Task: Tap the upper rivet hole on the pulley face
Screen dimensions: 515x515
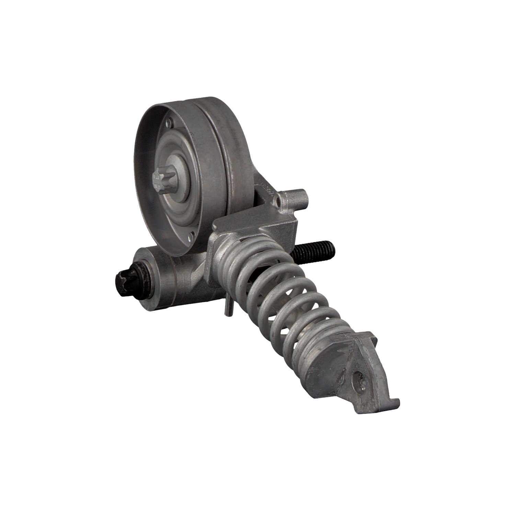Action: [x=170, y=121]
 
